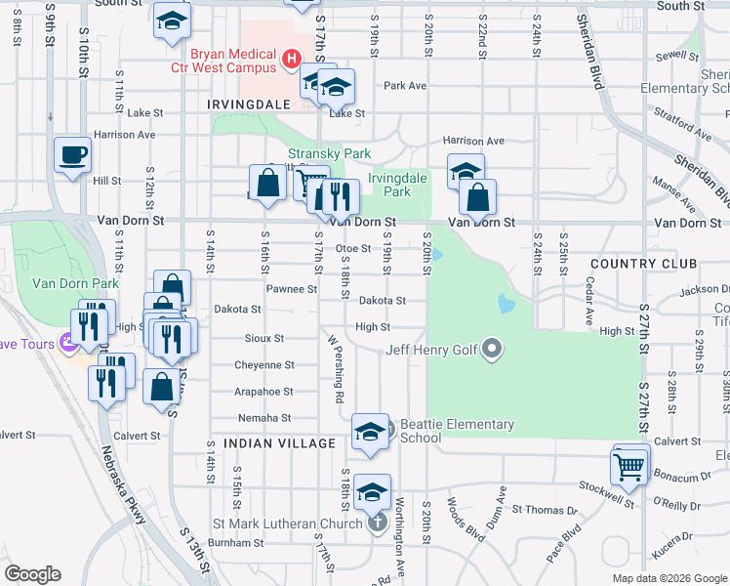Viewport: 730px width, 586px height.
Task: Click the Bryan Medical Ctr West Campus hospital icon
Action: (x=290, y=61)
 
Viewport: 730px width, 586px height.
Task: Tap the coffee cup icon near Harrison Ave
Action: (x=73, y=155)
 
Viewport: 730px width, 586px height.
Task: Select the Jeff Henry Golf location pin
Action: (x=493, y=349)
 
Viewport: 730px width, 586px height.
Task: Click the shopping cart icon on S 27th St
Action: (x=629, y=467)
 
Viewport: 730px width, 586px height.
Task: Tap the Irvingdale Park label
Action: (x=396, y=185)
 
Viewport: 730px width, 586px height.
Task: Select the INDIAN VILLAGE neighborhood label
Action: (x=279, y=443)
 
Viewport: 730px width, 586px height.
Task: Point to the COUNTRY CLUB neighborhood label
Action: (x=643, y=265)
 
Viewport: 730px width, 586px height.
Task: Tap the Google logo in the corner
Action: (x=32, y=574)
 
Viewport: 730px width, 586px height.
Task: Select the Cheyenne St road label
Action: (x=264, y=365)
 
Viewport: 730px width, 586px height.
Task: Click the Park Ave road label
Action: (x=405, y=86)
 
